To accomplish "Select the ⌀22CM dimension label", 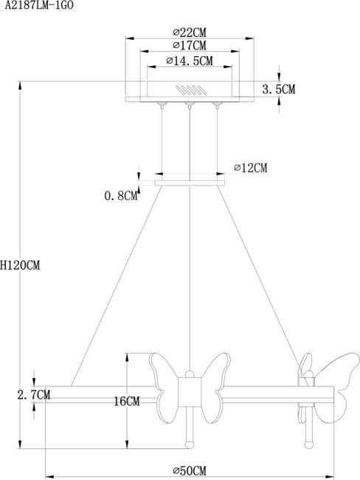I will [x=189, y=32].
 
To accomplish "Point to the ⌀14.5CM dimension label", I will [x=190, y=61].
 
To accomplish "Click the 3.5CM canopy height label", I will [x=279, y=89].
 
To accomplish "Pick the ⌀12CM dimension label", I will [x=250, y=168].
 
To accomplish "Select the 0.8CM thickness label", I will [x=121, y=196].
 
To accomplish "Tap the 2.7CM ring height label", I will [x=33, y=395].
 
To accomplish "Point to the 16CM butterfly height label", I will [x=126, y=402].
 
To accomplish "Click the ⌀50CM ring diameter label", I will [x=189, y=470].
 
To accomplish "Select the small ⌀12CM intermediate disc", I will [x=190, y=179].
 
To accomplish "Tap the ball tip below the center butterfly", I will [x=189, y=443].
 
